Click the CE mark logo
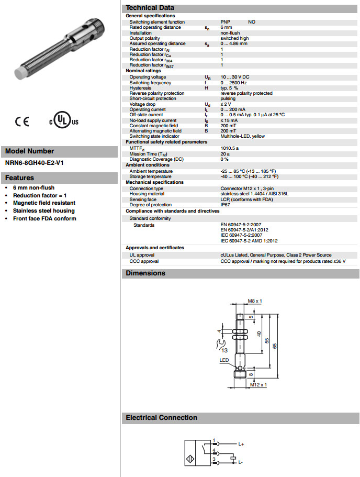(x=22, y=121)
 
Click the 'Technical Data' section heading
(x=150, y=8)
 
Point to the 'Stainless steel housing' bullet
(x=44, y=210)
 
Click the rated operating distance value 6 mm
(x=226, y=27)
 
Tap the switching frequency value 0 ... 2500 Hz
(x=233, y=83)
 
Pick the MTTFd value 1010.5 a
(x=229, y=148)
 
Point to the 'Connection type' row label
(x=147, y=188)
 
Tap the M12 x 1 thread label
(x=258, y=385)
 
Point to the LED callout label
(x=224, y=360)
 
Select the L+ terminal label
(x=241, y=444)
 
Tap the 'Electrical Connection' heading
(x=161, y=417)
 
